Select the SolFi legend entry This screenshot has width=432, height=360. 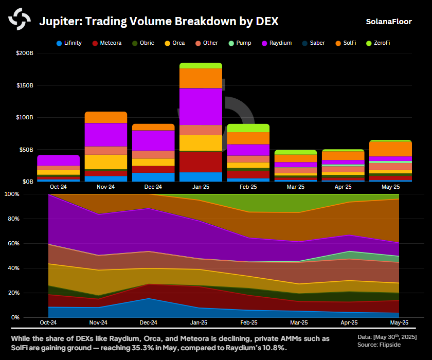pyautogui.click(x=350, y=43)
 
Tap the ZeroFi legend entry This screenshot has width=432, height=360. pyautogui.click(x=381, y=43)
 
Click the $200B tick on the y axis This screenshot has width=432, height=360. pyautogui.click(x=24, y=53)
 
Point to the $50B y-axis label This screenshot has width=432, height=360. pyautogui.click(x=26, y=150)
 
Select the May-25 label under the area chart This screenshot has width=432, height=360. pyautogui.click(x=399, y=323)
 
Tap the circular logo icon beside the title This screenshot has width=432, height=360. pyautogui.click(x=20, y=20)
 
